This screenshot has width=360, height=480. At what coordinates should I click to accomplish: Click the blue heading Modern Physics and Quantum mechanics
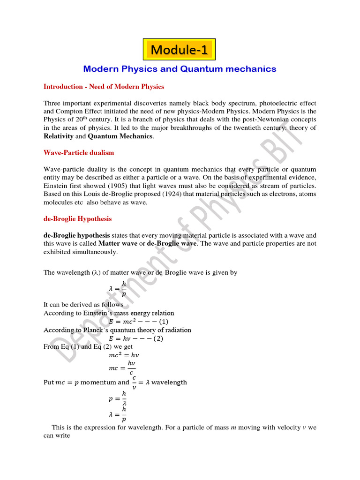180,69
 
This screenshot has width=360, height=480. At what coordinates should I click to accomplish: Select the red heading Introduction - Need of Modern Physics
104,87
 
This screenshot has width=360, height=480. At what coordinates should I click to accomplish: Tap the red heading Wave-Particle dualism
78,153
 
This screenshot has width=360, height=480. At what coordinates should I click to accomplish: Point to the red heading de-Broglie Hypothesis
77,219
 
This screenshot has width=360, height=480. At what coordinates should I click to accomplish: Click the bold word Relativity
59,136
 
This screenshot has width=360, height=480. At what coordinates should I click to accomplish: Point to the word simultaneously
94,252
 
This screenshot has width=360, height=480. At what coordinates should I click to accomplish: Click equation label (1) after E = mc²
164,322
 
